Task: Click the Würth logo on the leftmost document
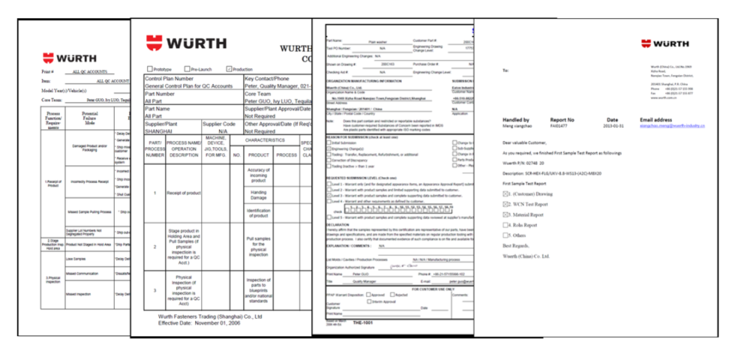pos(69,59)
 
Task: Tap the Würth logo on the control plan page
pos(186,43)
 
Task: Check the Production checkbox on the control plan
pos(229,69)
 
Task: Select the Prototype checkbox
pos(150,69)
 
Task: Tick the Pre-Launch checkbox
pos(187,69)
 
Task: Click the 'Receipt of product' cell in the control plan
pos(184,193)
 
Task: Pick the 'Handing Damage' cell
pos(259,195)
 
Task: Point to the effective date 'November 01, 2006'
pos(217,323)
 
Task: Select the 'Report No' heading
pos(562,120)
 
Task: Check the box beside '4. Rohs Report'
pos(505,225)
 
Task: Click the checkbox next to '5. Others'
pos(505,235)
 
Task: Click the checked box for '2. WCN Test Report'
pos(505,204)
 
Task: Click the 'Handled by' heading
pos(515,120)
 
